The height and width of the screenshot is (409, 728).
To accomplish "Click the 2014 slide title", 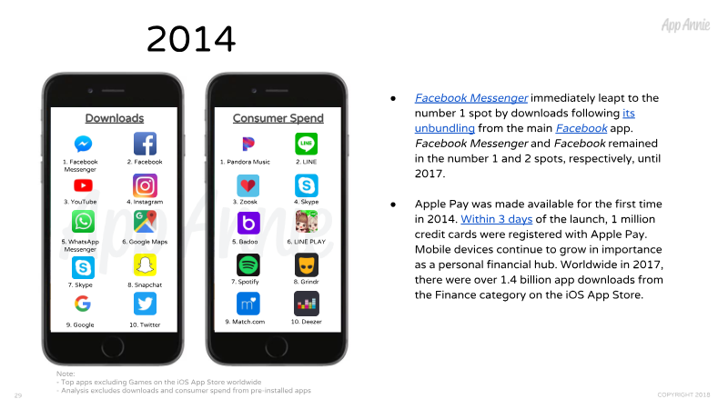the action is (191, 38).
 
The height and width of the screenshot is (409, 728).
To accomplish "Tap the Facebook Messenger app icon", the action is (83, 144).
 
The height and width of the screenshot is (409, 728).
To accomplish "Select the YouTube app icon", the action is (83, 185).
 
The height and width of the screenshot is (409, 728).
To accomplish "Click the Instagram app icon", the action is (145, 185).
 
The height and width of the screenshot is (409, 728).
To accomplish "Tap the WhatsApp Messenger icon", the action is (83, 222).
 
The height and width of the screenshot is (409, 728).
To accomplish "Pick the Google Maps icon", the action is (145, 222).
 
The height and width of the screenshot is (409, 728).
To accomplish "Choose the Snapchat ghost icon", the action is (145, 265).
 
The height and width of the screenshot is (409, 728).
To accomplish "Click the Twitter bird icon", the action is (145, 304).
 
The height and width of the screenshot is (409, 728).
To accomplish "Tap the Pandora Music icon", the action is (248, 144).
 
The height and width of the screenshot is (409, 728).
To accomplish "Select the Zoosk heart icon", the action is (248, 185).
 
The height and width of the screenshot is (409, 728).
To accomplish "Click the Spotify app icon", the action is (248, 265).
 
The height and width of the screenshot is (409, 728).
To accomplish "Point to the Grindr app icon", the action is (307, 265).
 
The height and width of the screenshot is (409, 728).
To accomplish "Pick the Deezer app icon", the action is (307, 304).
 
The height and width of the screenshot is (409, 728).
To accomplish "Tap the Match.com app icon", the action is (248, 304).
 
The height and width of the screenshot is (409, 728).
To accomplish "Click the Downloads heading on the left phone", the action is (115, 118).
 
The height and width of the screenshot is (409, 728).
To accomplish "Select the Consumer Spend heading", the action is (278, 118).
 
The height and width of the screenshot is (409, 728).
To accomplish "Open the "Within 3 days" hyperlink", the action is (496, 219).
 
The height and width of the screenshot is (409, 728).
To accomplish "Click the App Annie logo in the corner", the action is (686, 25).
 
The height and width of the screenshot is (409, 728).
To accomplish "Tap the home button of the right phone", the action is (277, 347).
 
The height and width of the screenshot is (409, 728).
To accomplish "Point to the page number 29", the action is (18, 395).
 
